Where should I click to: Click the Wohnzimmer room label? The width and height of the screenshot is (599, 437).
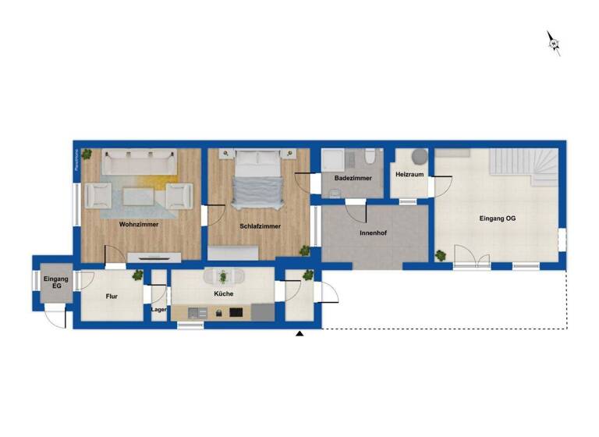(x=139, y=224)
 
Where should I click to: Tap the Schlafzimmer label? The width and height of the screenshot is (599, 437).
(x=260, y=226)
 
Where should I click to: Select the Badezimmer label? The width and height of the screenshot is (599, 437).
(x=353, y=179)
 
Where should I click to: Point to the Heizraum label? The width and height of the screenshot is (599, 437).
(x=409, y=174)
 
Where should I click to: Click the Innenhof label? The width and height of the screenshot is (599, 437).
(x=374, y=233)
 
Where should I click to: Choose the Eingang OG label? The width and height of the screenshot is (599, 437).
(x=497, y=218)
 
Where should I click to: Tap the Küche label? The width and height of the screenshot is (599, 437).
(x=224, y=294)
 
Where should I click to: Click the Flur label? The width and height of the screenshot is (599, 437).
(x=112, y=297)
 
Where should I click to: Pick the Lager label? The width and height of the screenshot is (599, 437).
(x=159, y=309)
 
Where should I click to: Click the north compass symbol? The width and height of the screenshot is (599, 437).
(x=554, y=43)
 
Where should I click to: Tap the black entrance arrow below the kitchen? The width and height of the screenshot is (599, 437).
(x=299, y=334)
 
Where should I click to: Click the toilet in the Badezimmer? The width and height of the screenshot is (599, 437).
(x=370, y=158)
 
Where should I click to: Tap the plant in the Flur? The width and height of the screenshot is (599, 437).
(x=138, y=275)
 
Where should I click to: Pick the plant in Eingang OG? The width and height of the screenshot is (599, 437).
(x=441, y=255)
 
